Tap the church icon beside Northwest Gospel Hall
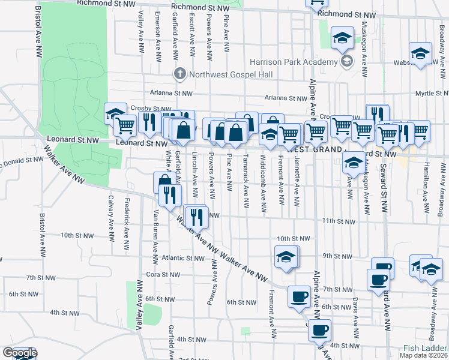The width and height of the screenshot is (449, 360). point(179,74)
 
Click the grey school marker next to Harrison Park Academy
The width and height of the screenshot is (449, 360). point(346,61)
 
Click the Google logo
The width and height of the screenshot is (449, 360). point(20,353)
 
